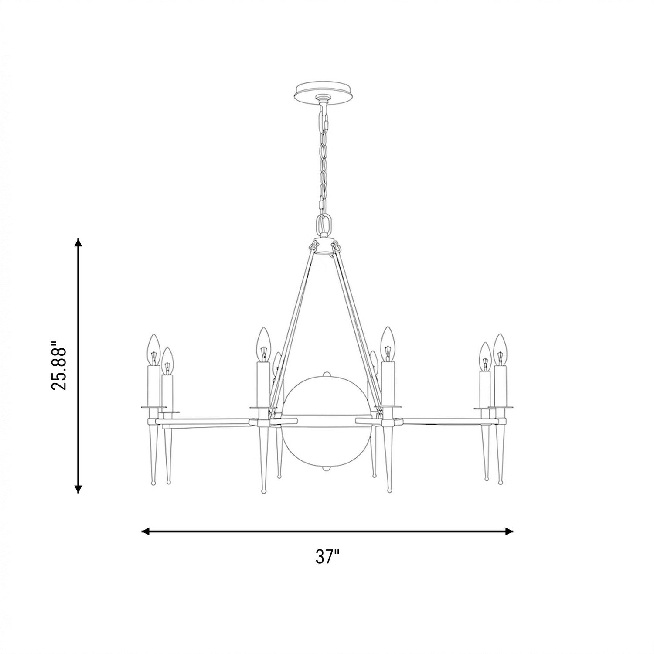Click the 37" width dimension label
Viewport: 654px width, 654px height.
click(x=327, y=557)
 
